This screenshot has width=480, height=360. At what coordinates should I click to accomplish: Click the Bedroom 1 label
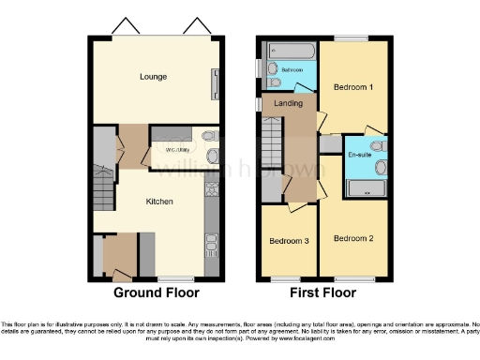[353, 87]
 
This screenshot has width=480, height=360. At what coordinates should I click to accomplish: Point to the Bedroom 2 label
[353, 238]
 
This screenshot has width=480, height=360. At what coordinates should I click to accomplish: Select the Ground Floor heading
[157, 292]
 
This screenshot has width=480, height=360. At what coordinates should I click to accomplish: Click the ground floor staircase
[102, 192]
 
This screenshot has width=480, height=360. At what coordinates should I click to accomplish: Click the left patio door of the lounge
[122, 26]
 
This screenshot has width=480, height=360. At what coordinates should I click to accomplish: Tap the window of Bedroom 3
[286, 279]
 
